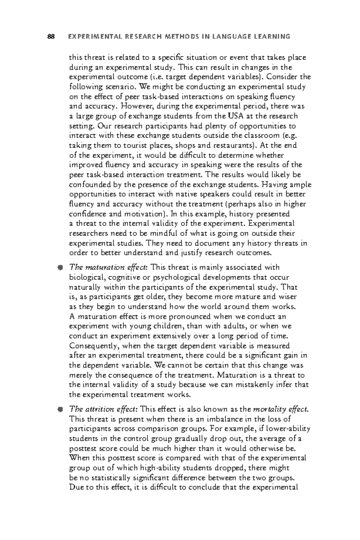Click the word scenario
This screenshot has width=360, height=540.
pos(121,87)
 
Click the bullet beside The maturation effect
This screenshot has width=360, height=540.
pos(60,268)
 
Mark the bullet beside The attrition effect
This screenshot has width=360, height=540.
pos(60,409)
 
